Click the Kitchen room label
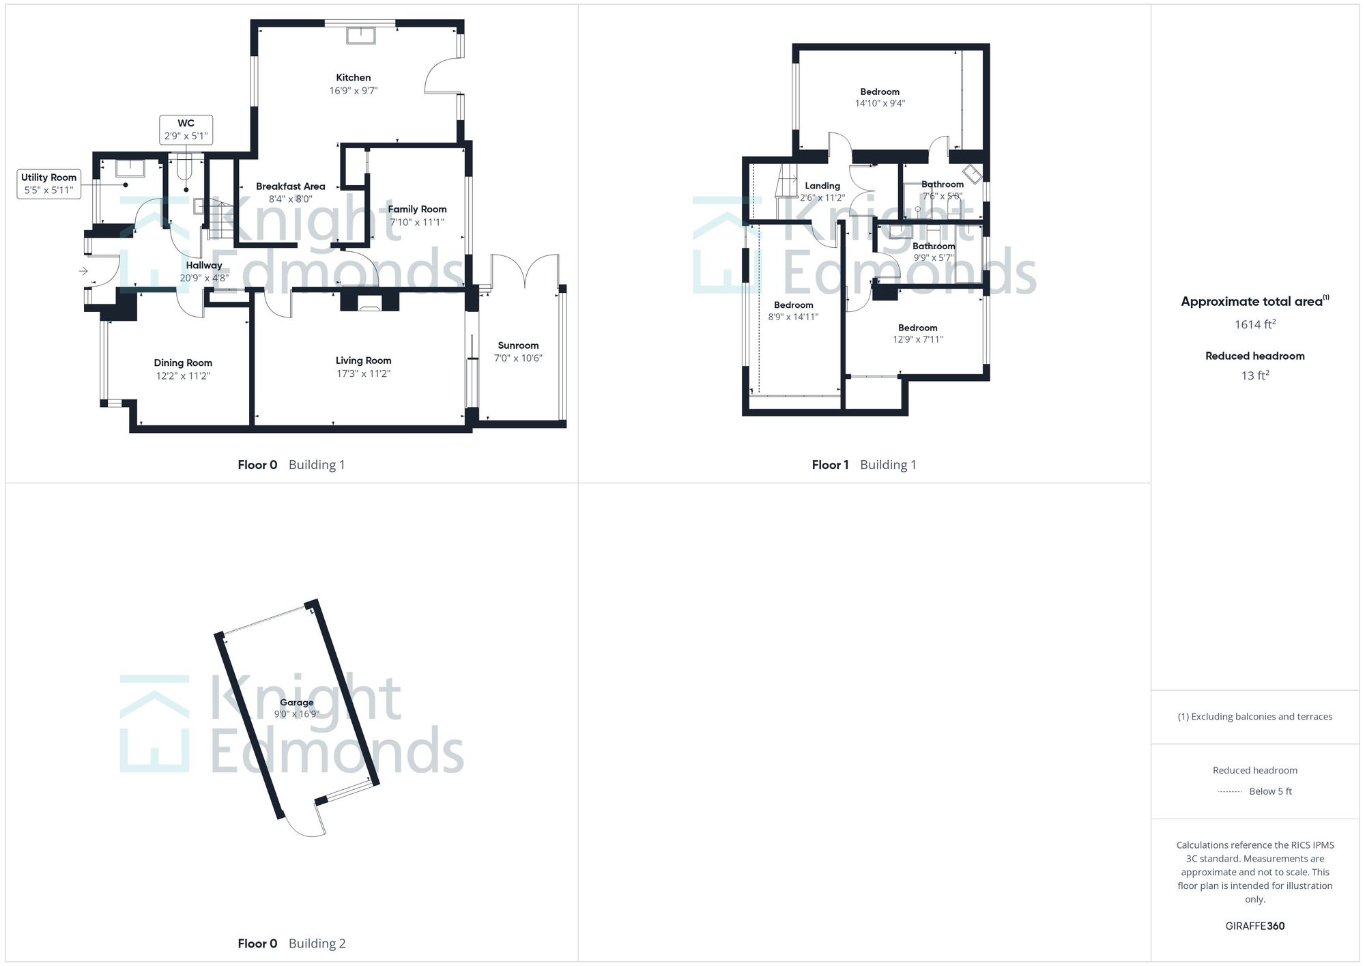click(x=353, y=78)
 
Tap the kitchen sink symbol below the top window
click(x=360, y=35)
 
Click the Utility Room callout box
click(x=48, y=184)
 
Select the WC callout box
click(x=186, y=130)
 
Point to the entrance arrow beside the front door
click(x=83, y=272)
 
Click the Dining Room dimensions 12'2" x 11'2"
click(x=182, y=375)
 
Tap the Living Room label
click(x=363, y=360)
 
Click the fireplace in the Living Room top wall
click(x=369, y=302)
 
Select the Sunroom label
click(x=518, y=345)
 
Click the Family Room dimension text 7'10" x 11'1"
click(x=416, y=222)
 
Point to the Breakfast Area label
click(x=290, y=186)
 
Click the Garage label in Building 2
click(x=296, y=702)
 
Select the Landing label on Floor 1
click(x=822, y=186)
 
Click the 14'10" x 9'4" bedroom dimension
click(x=880, y=104)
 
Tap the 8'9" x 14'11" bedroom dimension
click(x=793, y=317)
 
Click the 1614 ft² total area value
click(x=1254, y=325)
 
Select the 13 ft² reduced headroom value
click(x=1254, y=375)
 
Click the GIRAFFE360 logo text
click(x=1254, y=926)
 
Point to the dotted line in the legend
click(x=1230, y=792)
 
